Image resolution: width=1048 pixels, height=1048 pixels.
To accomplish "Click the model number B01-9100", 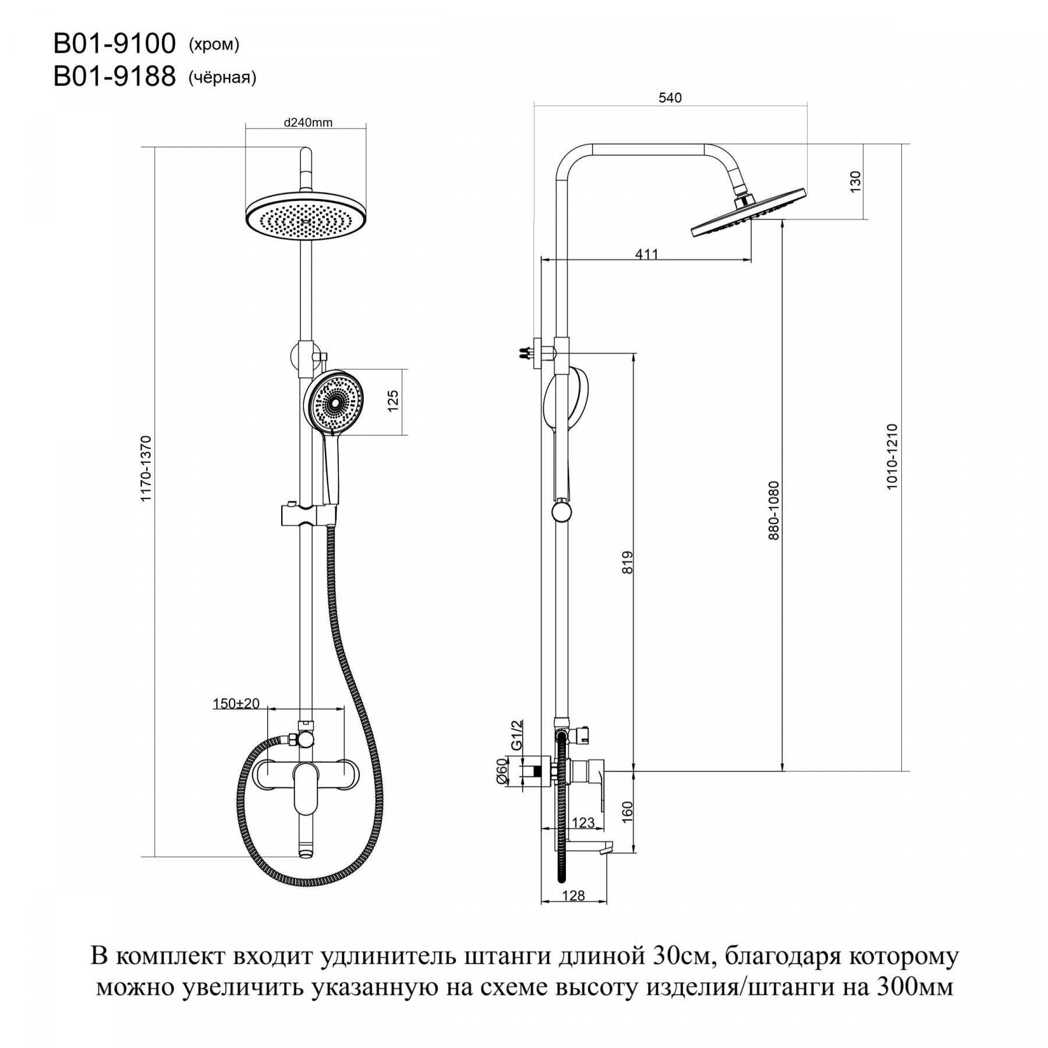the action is pos(115,44).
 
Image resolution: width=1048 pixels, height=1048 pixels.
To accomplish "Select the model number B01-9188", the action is pos(115,76).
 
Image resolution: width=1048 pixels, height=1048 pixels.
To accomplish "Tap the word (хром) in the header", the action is pos(214,45).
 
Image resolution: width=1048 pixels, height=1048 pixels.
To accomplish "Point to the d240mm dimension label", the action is pos(308,122).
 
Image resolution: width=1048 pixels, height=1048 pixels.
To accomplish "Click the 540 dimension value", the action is pos(670,98).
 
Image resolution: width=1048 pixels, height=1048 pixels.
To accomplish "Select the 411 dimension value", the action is pos(647,254).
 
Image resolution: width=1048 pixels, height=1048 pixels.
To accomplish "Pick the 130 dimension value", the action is pos(855,182).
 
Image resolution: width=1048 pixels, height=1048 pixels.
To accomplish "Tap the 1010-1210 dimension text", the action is pos(892,457).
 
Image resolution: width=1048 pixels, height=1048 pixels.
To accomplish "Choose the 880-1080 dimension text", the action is pos(773,511).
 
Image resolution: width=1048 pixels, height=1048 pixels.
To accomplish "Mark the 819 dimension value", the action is pos(627,562).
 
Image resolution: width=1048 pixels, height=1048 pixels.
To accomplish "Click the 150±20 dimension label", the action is pos(236,703).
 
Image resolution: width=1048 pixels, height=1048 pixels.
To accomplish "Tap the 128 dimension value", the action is pos(573,895).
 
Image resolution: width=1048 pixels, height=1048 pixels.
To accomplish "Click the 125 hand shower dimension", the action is pos(393,402).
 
